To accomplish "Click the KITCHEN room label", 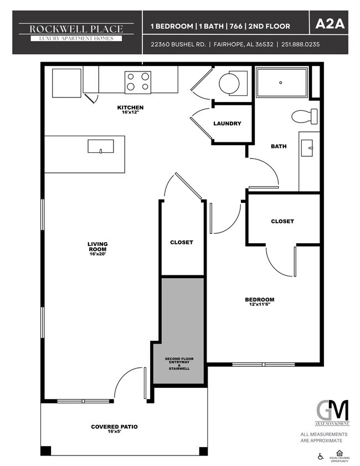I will click(x=130, y=107).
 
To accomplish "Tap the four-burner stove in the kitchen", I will click(x=138, y=81).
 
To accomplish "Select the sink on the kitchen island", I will click(x=101, y=146).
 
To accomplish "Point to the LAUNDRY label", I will click(x=227, y=124).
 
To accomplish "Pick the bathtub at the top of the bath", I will click(x=282, y=83).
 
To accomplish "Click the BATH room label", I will click(x=278, y=147).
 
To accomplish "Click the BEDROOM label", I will click(x=259, y=300).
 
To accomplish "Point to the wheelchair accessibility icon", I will click(x=321, y=457).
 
